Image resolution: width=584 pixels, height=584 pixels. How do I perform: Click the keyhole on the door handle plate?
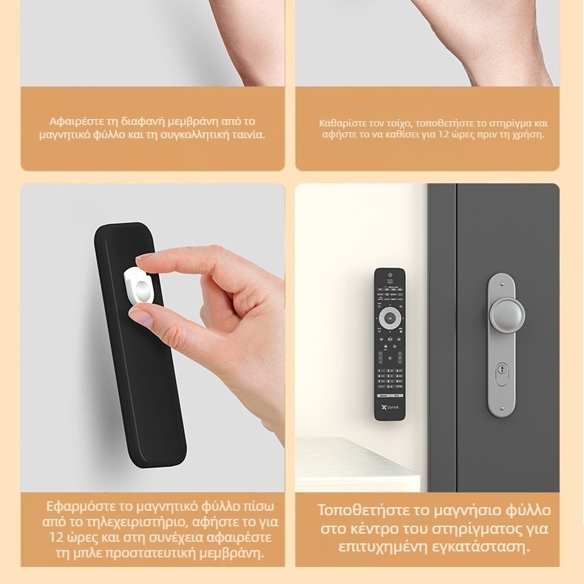pos(502,374)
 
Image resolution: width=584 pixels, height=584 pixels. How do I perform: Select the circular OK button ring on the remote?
pos(390,319)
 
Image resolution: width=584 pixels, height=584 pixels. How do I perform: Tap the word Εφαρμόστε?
pos(77,506)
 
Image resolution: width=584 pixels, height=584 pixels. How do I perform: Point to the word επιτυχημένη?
pos(383,547)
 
